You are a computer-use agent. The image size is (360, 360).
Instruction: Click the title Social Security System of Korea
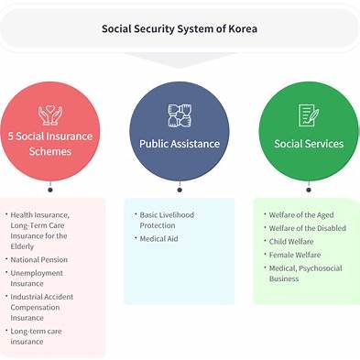[x=180, y=28]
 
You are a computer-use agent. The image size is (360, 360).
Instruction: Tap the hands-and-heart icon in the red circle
[x=49, y=115]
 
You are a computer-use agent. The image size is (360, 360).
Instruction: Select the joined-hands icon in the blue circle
[x=179, y=115]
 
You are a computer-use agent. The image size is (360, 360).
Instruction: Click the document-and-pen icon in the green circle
[x=308, y=115]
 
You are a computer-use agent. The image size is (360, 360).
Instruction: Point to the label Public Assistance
[x=179, y=144]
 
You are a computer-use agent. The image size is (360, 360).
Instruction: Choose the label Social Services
[x=309, y=144]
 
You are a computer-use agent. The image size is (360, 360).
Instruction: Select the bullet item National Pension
[x=38, y=259]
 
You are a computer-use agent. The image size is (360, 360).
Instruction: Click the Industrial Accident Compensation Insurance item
[x=42, y=307]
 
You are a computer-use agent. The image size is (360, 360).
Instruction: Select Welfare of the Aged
[x=301, y=215]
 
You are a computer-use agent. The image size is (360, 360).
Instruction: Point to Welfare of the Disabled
[x=307, y=228]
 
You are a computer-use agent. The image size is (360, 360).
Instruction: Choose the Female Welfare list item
[x=295, y=255]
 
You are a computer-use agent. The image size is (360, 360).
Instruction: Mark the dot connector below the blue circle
[x=180, y=191]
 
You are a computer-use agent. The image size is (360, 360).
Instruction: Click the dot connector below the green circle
[x=309, y=191]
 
